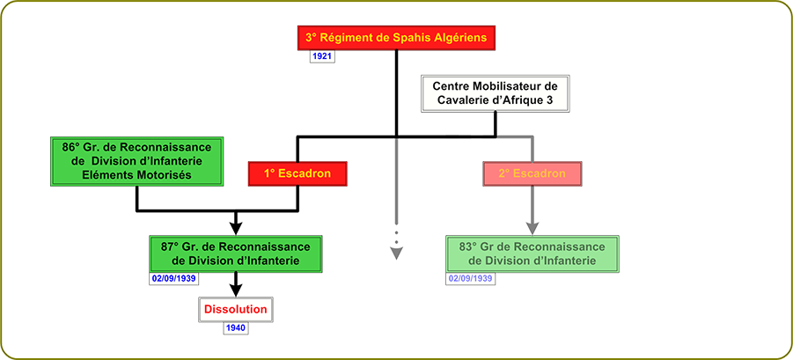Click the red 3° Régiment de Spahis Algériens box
coord(396,38)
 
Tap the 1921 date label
coord(321,56)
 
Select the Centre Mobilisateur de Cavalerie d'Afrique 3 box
coord(496,93)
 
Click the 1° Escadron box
coord(296,173)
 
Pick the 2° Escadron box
coord(531,173)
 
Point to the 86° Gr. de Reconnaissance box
coord(136,160)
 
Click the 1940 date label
coord(235,328)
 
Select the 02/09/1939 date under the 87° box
coord(173,278)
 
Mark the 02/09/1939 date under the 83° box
coord(470,278)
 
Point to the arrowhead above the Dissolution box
coord(235,287)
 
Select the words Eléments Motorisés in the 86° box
coord(136,174)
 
